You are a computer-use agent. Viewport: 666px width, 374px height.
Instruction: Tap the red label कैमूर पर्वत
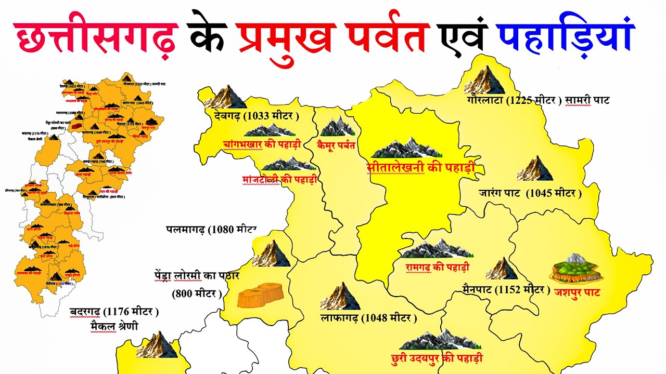(336, 145)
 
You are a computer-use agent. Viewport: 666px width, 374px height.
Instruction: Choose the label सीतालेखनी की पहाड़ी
(420, 168)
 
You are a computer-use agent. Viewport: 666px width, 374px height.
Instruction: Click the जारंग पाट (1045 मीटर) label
(530, 193)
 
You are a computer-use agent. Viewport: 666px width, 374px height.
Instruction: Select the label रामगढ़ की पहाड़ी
(438, 268)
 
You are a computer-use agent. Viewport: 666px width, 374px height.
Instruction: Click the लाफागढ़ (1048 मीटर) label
(368, 317)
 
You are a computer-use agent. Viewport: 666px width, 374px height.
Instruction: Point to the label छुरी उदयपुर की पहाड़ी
(441, 358)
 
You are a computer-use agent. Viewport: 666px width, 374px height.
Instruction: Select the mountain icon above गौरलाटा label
(484, 80)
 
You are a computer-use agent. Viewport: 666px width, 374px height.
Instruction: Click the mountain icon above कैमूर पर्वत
(337, 126)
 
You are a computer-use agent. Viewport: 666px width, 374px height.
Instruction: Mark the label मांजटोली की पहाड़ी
(279, 180)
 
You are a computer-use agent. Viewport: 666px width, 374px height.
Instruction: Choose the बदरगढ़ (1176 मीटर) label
(114, 312)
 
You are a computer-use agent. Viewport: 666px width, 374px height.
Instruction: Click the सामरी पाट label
(588, 101)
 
